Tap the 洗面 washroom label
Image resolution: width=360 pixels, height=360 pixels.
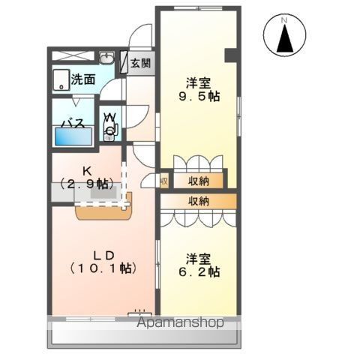pyautogui.click(x=83, y=79)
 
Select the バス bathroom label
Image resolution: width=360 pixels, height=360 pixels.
pyautogui.click(x=72, y=123)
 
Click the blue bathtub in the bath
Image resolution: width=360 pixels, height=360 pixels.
pyautogui.click(x=73, y=136)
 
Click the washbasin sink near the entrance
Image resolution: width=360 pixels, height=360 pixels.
pyautogui.click(x=106, y=58)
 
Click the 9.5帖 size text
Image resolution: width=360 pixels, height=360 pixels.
pyautogui.click(x=198, y=97)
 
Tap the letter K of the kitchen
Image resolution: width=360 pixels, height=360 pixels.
pyautogui.click(x=85, y=169)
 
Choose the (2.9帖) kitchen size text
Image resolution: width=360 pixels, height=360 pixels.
pyautogui.click(x=85, y=183)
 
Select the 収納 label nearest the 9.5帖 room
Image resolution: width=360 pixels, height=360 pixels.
pyautogui.click(x=198, y=181)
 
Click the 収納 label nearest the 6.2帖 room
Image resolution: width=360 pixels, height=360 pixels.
pyautogui.click(x=198, y=201)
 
